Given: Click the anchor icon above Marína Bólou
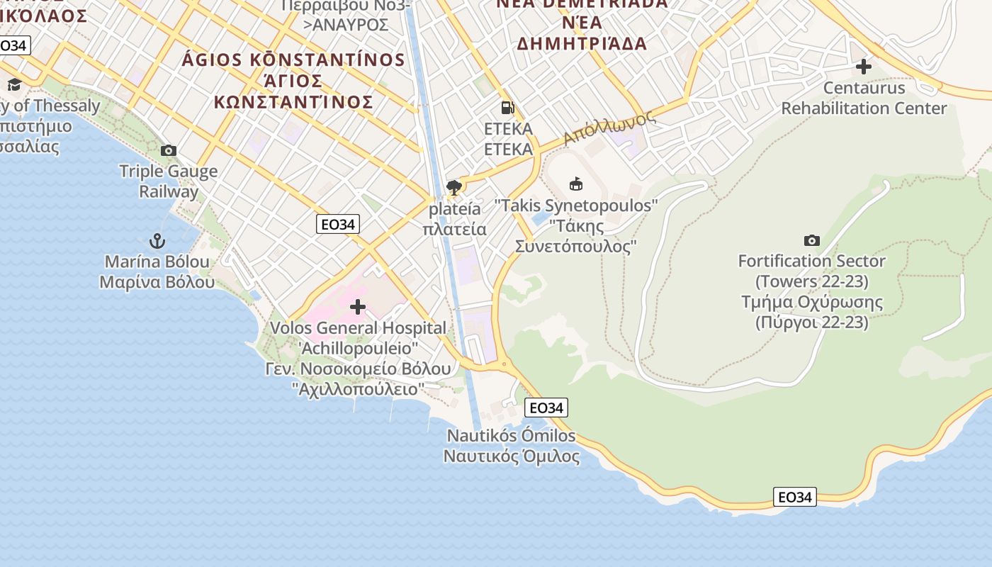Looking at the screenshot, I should pos(157,241).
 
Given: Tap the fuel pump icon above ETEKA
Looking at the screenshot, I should pos(507,108).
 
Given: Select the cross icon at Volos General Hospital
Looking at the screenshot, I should pos(358,307).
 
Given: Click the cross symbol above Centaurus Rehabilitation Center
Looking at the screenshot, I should pos(863,67).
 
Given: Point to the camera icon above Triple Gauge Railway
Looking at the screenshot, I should pos(169,150).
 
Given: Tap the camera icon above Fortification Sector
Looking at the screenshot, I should pos(812,241).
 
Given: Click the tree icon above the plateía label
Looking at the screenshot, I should pos(454,188).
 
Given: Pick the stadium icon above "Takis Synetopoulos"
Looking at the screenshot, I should pos(576,184).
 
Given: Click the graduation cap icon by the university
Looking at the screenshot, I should pos(14,85).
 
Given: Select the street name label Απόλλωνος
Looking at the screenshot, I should pos(609,128).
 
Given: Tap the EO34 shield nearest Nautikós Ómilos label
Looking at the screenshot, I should pos(546,408).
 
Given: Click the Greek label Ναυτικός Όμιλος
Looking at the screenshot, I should pos(512,456).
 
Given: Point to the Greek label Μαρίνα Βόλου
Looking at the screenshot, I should pos(157,282).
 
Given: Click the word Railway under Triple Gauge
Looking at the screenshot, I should pos(169,191).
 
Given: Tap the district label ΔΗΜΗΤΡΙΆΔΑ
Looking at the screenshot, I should pos(582,44).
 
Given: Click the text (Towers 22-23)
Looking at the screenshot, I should pos(812,281).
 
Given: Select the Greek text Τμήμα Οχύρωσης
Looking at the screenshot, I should pos(812,302).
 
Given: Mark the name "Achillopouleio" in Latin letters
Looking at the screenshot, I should pos(358,349).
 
